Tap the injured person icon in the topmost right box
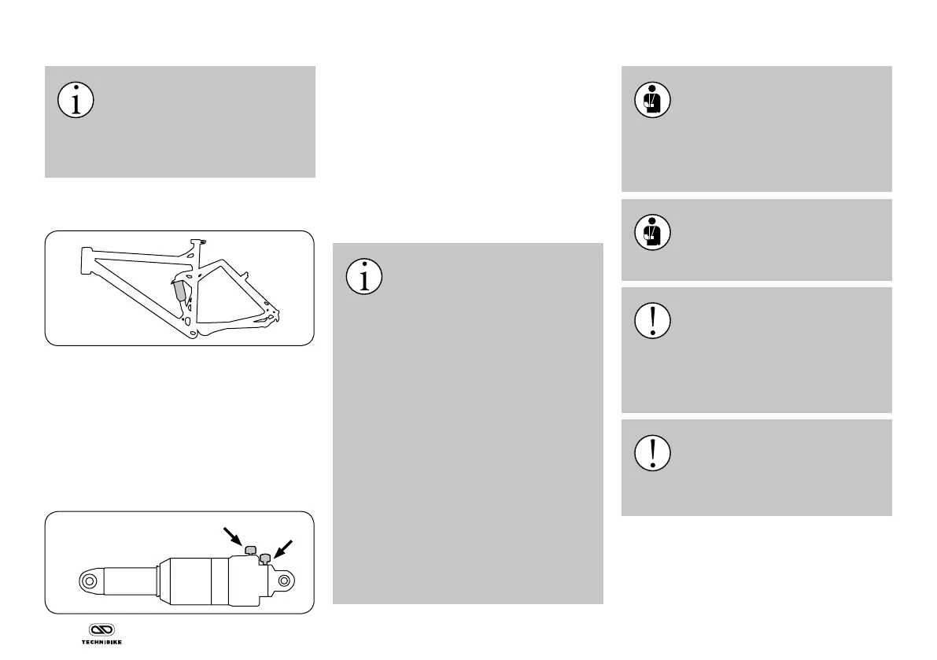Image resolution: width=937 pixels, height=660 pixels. point(652,101)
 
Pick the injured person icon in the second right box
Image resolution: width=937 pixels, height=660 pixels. point(652,233)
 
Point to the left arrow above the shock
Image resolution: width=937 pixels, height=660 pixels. point(234,538)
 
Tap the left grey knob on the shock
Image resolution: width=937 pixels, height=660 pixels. point(251,549)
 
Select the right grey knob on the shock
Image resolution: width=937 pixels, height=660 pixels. point(266,558)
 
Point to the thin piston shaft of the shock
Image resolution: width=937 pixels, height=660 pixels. point(129,582)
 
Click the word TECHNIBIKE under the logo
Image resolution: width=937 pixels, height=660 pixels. point(101,641)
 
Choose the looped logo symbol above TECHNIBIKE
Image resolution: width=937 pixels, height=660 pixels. point(101,630)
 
